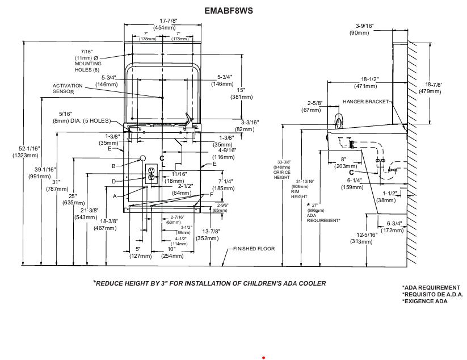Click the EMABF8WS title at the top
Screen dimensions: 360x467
click(229, 11)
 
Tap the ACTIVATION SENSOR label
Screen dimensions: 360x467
click(68, 89)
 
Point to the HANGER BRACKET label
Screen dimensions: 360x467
click(366, 102)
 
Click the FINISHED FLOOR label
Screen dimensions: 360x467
click(254, 249)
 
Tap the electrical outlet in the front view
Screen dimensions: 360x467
click(152, 173)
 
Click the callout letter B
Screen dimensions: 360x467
click(113, 166)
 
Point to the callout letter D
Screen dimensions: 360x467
click(113, 181)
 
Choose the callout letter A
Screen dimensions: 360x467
click(115, 196)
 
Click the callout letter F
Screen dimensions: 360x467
click(211, 194)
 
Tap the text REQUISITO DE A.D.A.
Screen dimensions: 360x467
click(433, 294)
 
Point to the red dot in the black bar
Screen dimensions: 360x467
click(264, 358)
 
